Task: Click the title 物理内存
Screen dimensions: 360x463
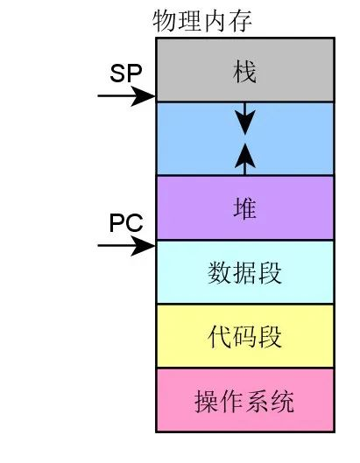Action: [202, 21]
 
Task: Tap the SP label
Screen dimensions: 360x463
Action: [126, 74]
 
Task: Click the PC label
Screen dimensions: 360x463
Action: [126, 223]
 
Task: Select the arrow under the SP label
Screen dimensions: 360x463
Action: [126, 96]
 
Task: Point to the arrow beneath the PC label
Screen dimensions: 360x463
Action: [126, 245]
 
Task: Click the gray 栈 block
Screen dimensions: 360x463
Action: [245, 70]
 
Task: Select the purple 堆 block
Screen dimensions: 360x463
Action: [245, 207]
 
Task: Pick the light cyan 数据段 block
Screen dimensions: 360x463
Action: [245, 272]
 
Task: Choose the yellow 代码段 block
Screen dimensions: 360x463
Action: [245, 336]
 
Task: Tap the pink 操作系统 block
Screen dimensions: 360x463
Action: [245, 400]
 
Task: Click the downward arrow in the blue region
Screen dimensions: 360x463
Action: [244, 118]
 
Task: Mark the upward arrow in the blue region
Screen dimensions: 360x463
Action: [244, 159]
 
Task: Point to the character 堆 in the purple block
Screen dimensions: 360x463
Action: [244, 208]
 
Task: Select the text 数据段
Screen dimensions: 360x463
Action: [244, 273]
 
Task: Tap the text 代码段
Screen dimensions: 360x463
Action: [244, 337]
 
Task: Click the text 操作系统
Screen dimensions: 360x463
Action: [244, 401]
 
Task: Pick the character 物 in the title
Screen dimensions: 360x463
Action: [165, 21]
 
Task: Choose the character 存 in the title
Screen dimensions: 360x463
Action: [240, 21]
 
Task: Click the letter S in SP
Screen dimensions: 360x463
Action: [117, 74]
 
